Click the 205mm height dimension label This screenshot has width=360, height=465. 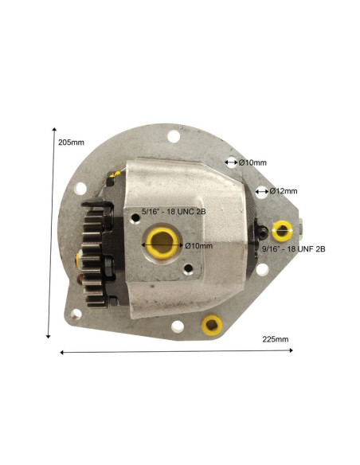point(71,143)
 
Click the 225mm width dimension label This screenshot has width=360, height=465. point(276,339)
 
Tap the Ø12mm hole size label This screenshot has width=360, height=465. point(284,191)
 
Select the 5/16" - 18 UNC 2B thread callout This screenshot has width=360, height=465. point(174,212)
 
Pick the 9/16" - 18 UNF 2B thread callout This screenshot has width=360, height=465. point(294,248)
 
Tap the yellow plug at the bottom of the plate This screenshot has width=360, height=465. point(212,325)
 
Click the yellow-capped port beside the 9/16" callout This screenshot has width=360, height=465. point(282,231)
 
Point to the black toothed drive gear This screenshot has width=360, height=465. point(93,256)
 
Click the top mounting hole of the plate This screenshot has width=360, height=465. point(174,136)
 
